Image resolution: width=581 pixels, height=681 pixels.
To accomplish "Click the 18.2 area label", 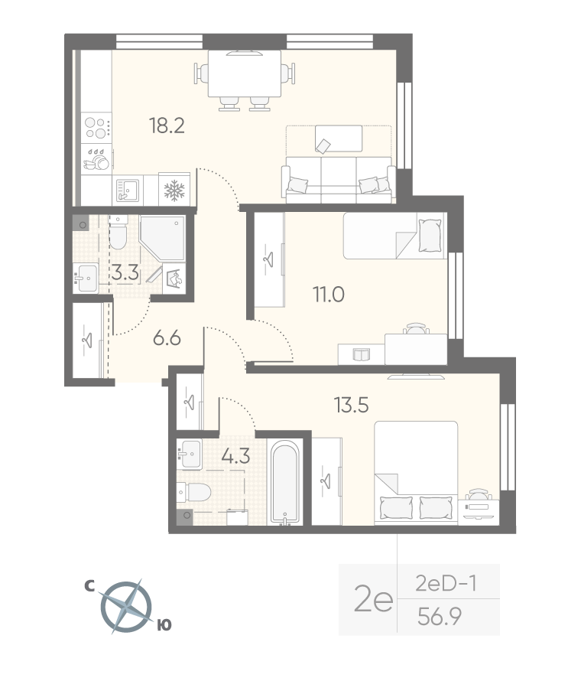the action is [167, 126].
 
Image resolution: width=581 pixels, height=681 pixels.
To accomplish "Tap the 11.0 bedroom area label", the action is [329, 295].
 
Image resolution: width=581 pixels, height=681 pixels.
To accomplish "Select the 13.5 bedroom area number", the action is [352, 406].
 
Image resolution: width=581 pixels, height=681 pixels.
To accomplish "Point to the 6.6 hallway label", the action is [167, 338].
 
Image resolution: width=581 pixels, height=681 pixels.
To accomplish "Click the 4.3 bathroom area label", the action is [235, 457].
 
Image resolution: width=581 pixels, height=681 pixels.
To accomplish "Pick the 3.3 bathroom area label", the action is [125, 273].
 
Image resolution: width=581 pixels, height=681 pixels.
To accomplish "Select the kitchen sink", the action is [128, 191].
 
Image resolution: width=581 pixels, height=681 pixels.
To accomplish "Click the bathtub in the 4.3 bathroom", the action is [285, 483].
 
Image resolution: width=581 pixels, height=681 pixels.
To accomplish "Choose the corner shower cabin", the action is [163, 238].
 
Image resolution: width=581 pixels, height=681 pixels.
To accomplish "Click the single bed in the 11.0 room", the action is [395, 236].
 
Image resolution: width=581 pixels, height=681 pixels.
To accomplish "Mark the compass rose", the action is [127, 606].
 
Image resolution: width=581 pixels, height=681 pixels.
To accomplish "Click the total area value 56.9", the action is [439, 616].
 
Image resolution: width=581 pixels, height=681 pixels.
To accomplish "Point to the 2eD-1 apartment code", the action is [446, 583].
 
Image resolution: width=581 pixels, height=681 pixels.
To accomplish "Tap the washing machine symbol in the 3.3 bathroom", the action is [176, 278].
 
